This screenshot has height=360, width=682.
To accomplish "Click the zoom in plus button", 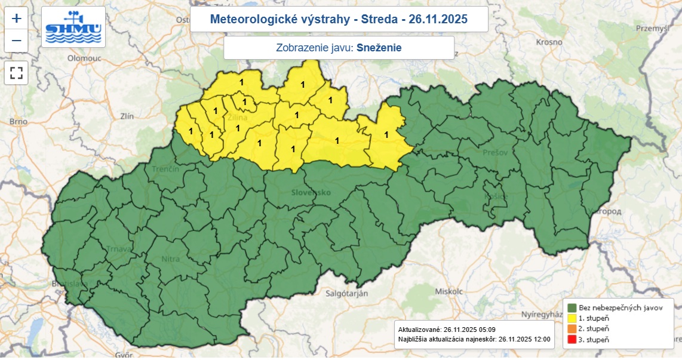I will (x=16, y=18).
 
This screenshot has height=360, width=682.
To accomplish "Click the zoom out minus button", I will (x=16, y=41).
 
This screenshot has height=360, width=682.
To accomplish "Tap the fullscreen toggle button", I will (x=16, y=73).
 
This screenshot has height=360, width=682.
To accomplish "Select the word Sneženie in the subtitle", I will (x=379, y=48).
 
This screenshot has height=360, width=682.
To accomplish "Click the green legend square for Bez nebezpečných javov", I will (x=571, y=307).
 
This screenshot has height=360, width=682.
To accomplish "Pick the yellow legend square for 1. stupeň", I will (x=571, y=318).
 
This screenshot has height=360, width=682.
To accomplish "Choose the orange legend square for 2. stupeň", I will (x=571, y=328).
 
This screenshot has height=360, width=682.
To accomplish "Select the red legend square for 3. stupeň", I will (x=571, y=339).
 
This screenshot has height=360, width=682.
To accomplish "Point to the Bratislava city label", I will (x=69, y=284).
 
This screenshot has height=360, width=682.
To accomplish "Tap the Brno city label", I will (x=19, y=122).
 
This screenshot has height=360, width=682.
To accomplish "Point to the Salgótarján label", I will (x=346, y=293).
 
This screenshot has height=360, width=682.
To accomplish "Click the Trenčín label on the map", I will (x=165, y=170).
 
